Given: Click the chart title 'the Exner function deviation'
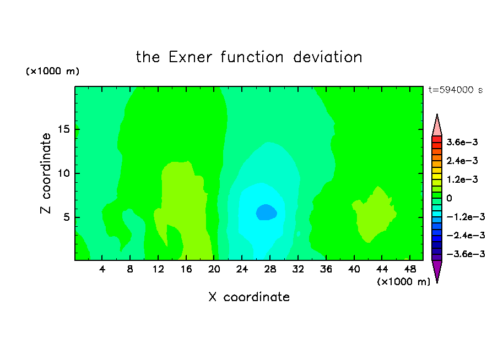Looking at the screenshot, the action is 249,57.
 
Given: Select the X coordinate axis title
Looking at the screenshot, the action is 249,297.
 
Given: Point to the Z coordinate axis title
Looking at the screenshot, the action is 46,173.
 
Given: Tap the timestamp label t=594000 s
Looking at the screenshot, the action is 456,90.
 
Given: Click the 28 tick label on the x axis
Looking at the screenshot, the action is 270,269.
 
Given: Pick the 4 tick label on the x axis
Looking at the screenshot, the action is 102,269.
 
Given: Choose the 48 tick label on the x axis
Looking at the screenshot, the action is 410,269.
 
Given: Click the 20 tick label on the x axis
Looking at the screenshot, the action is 214,269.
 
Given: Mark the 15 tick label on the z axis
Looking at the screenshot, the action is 64,129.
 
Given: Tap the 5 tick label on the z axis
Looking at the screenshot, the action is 67,217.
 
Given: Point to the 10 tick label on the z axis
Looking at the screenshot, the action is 64,173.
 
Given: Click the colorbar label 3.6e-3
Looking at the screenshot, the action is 462,142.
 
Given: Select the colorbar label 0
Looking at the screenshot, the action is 449,198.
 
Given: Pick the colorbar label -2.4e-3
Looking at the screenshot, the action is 465,235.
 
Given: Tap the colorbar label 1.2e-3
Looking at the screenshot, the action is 462,179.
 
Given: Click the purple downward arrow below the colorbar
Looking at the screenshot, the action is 437,270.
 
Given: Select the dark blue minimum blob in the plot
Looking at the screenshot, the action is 267,212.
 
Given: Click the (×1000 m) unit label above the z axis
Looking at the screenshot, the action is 52,71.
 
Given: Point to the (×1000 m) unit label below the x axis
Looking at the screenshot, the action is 403,282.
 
